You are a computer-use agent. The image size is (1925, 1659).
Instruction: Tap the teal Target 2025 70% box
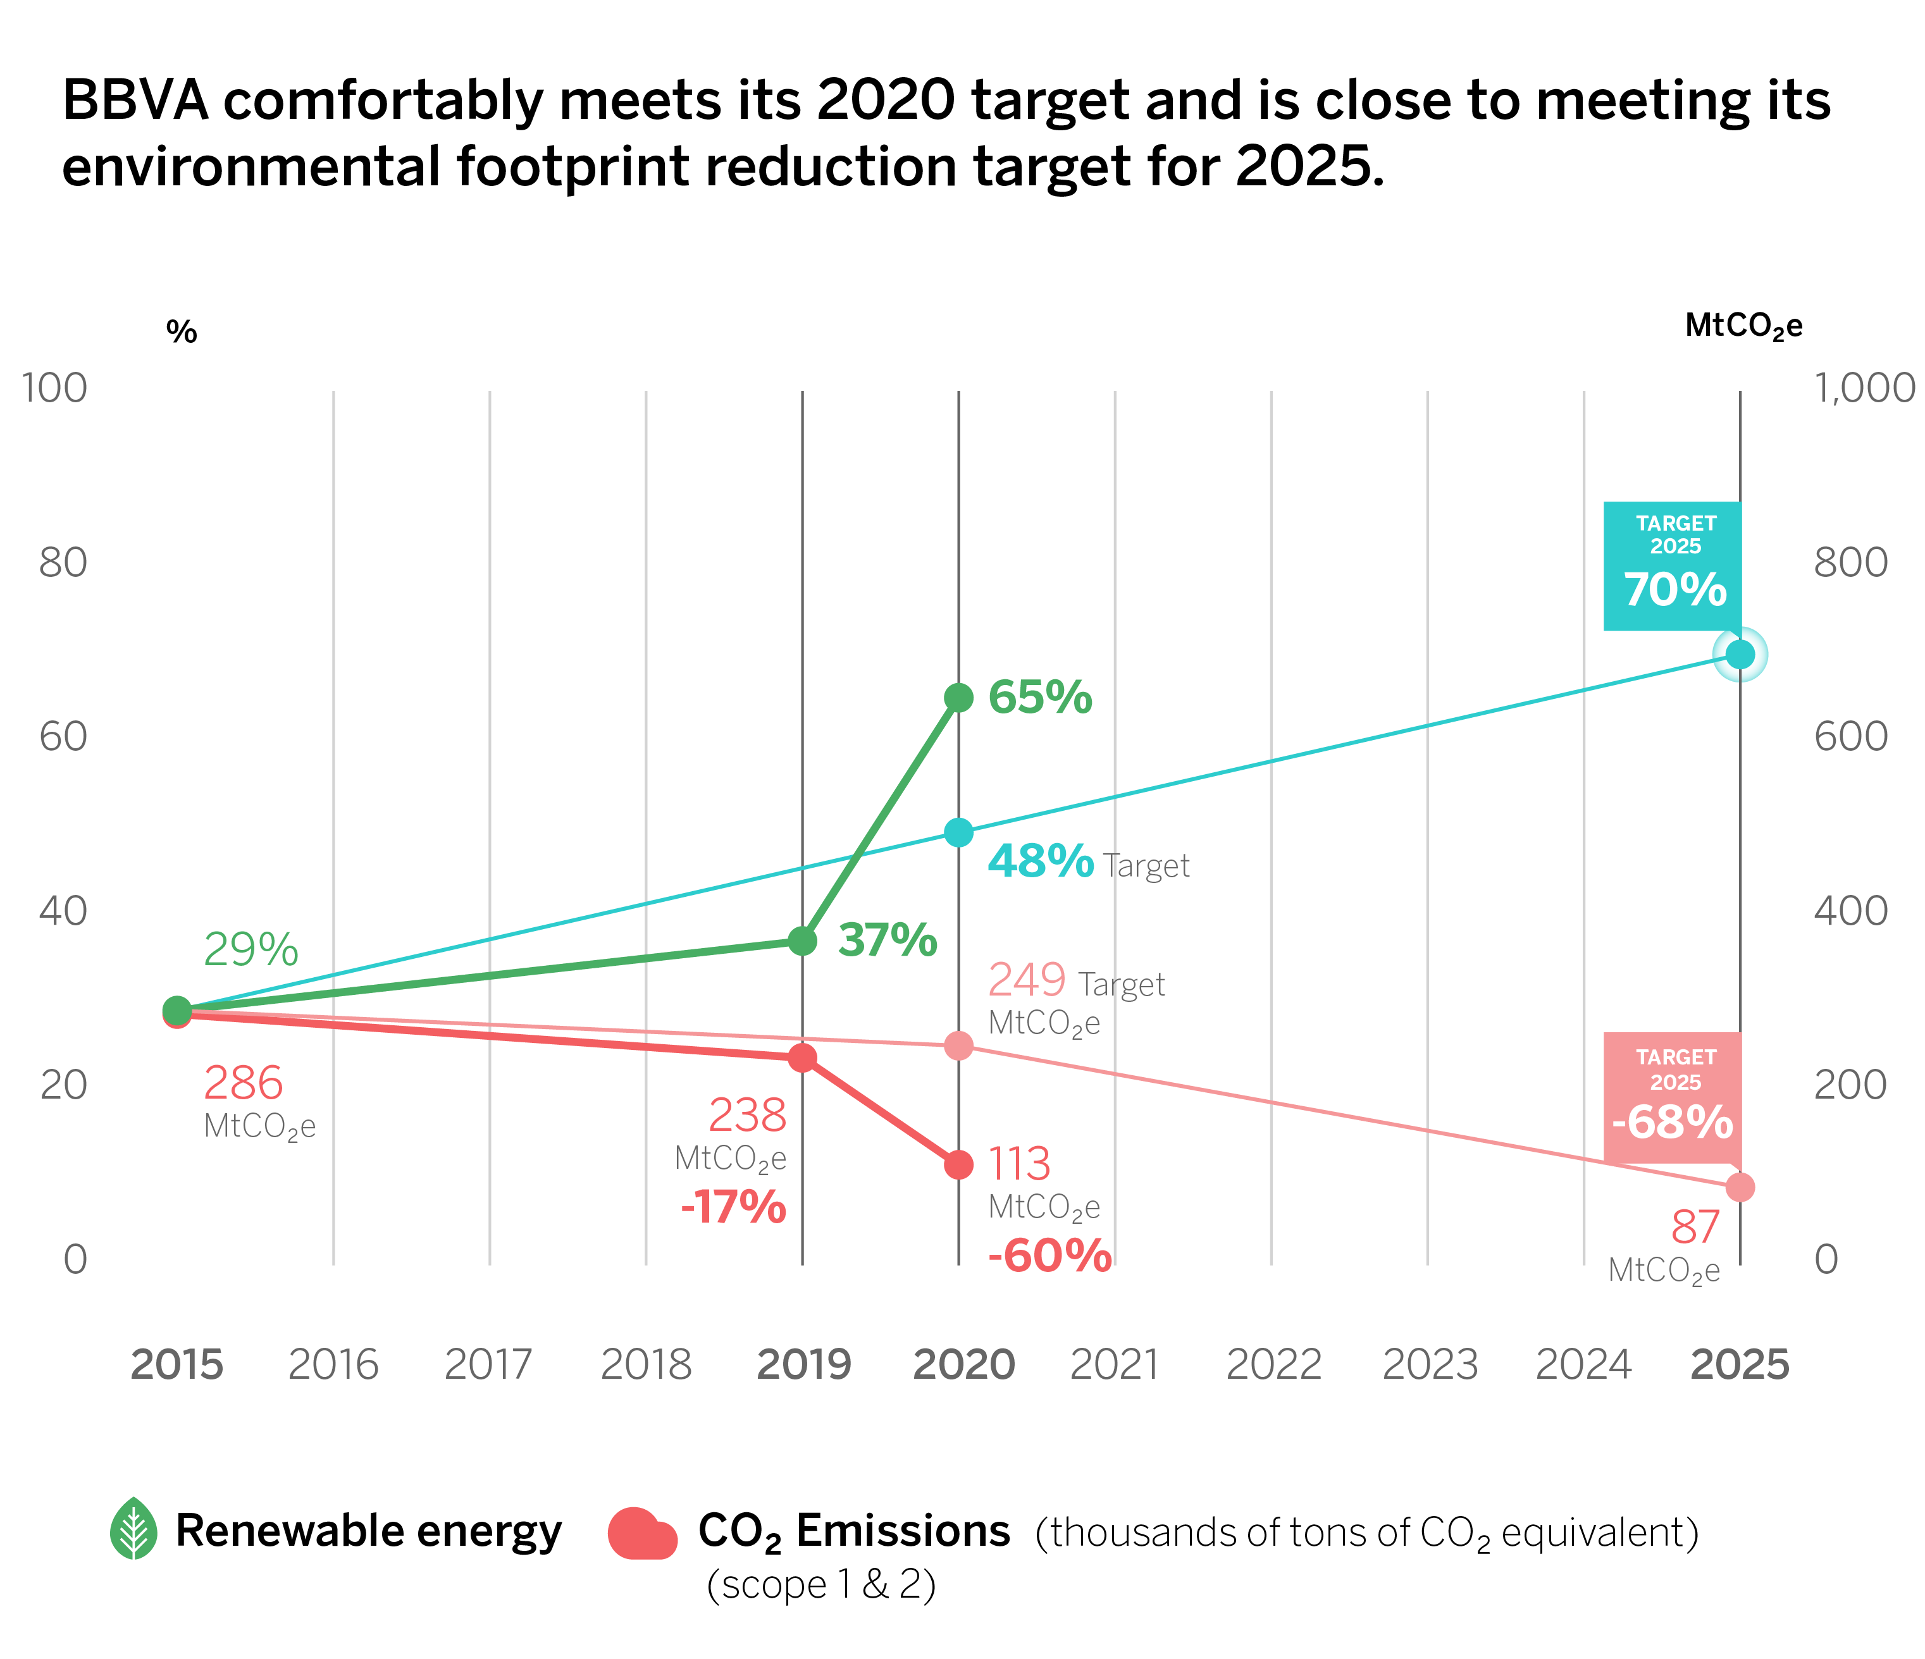[x=1673, y=565]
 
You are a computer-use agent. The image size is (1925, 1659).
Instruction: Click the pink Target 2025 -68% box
[x=1673, y=1096]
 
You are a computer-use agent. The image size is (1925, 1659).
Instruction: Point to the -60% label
[x=1050, y=1256]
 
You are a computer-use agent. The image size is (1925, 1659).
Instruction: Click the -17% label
[x=733, y=1207]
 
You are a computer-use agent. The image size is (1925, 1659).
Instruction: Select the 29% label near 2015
[x=251, y=949]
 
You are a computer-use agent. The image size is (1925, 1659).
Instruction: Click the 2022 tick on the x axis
[x=1273, y=1364]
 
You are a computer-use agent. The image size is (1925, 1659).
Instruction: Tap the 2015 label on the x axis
[x=176, y=1364]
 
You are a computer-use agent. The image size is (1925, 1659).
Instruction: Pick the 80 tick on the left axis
[x=63, y=562]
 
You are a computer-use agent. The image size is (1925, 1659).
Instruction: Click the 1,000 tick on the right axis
[x=1864, y=388]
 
